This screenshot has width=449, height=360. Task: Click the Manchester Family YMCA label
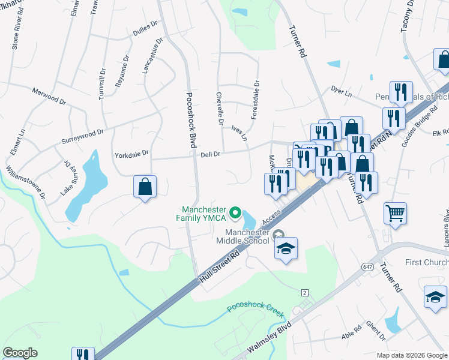[x=205, y=213]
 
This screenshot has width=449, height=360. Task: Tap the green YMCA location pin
[x=236, y=213]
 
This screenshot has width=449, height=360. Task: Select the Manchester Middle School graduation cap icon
[x=286, y=248]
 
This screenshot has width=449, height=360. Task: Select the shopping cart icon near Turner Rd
[x=395, y=213]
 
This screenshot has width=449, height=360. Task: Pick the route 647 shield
[x=367, y=265]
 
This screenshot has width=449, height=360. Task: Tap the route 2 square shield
[x=305, y=292]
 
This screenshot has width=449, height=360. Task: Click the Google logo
[x=20, y=353]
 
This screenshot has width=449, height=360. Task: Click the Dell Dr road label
[x=209, y=154]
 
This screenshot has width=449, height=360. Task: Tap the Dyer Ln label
[x=341, y=91]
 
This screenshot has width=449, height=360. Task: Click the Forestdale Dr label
[x=256, y=100]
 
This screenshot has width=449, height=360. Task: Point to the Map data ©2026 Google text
[x=411, y=355]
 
